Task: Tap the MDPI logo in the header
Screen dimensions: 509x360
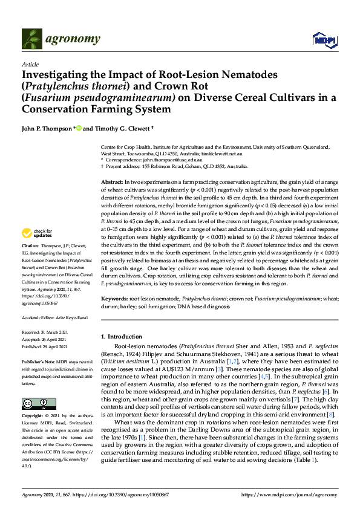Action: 324,40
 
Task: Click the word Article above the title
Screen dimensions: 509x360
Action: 30,63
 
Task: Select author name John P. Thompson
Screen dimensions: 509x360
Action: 47,128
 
